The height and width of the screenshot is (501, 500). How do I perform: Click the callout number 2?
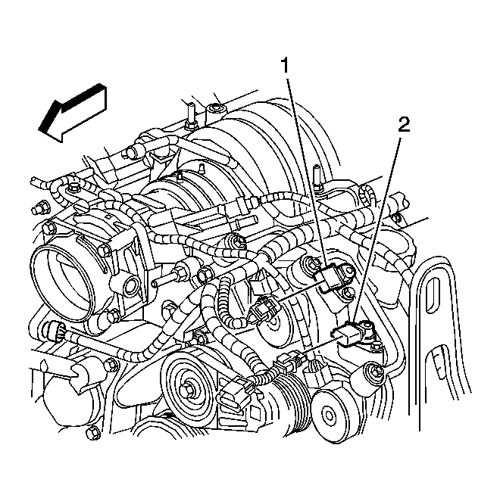[404, 125]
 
